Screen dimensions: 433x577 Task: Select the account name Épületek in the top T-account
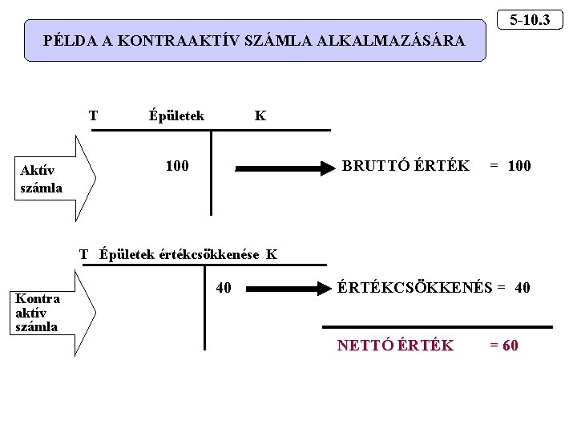pos(176,115)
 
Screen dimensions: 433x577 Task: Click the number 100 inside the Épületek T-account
pos(177,166)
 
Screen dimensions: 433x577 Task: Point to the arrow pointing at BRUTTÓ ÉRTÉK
pos(284,168)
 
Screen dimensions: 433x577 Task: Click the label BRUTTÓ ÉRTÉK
pos(406,166)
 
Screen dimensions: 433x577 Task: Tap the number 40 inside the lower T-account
pos(224,286)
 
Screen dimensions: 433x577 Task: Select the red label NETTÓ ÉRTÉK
pos(395,346)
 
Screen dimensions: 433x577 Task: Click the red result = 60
pos(504,346)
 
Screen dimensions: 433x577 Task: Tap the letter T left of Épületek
pos(94,115)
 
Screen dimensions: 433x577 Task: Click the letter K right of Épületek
pos(260,115)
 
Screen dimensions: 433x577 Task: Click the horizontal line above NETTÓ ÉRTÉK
pos(437,327)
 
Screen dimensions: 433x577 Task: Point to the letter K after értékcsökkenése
pos(272,255)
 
